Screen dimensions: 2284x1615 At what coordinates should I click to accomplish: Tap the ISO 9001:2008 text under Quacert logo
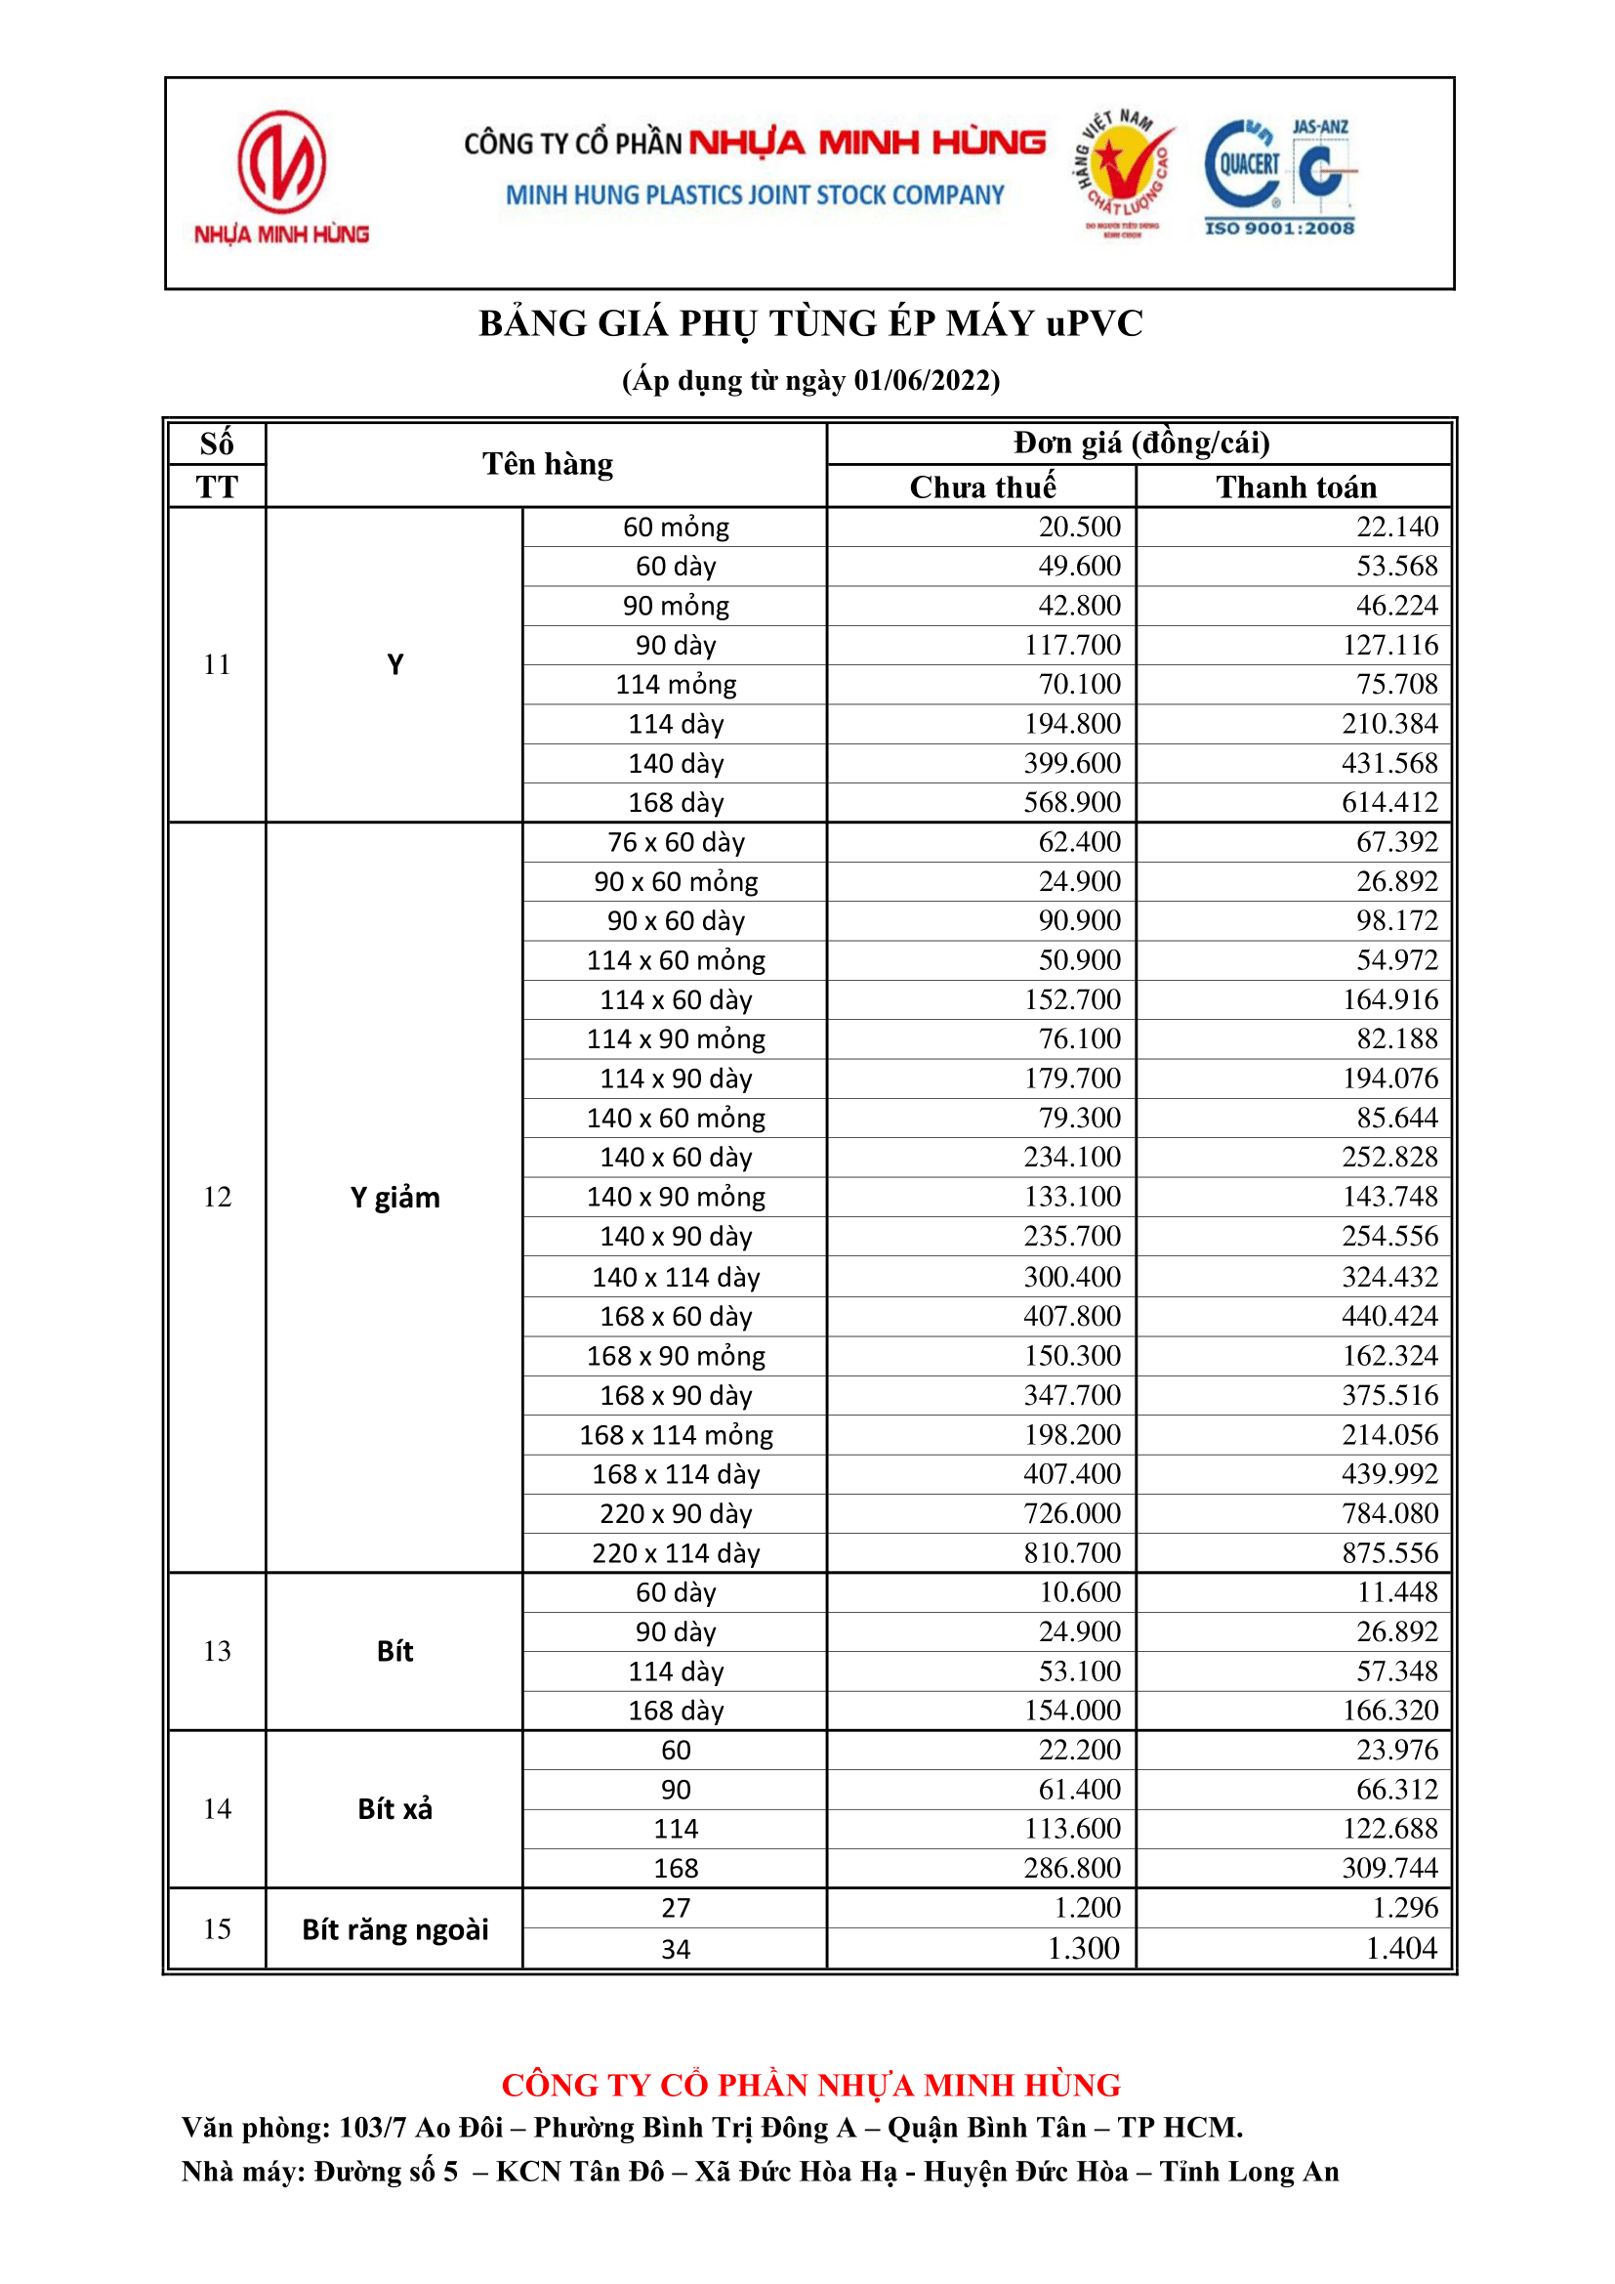(1279, 228)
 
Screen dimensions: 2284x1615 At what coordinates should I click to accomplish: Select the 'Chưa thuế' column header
(981, 486)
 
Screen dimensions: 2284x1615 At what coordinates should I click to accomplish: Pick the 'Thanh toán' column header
(1295, 486)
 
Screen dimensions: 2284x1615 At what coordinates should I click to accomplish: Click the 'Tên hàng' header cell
(547, 465)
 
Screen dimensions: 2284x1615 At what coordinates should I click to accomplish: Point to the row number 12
(217, 1197)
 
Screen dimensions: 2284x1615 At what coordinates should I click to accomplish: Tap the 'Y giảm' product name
(394, 1198)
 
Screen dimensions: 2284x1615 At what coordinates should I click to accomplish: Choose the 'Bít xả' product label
(394, 1809)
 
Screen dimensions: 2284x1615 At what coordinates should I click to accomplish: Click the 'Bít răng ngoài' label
(394, 1929)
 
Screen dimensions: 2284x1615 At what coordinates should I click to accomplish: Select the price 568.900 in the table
(1072, 803)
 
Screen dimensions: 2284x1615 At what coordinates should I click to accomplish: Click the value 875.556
(1389, 1553)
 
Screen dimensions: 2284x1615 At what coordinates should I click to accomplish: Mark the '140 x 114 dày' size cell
(677, 1277)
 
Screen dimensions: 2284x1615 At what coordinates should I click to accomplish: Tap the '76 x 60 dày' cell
(677, 842)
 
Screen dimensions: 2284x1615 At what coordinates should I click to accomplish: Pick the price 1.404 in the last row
(1401, 1949)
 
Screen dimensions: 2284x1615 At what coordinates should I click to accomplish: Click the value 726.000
(1072, 1514)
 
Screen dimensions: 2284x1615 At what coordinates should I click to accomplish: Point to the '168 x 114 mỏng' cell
(677, 1435)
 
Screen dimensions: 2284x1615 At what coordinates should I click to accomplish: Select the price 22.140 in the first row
(1396, 528)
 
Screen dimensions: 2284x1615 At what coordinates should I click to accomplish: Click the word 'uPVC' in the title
(1094, 324)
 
